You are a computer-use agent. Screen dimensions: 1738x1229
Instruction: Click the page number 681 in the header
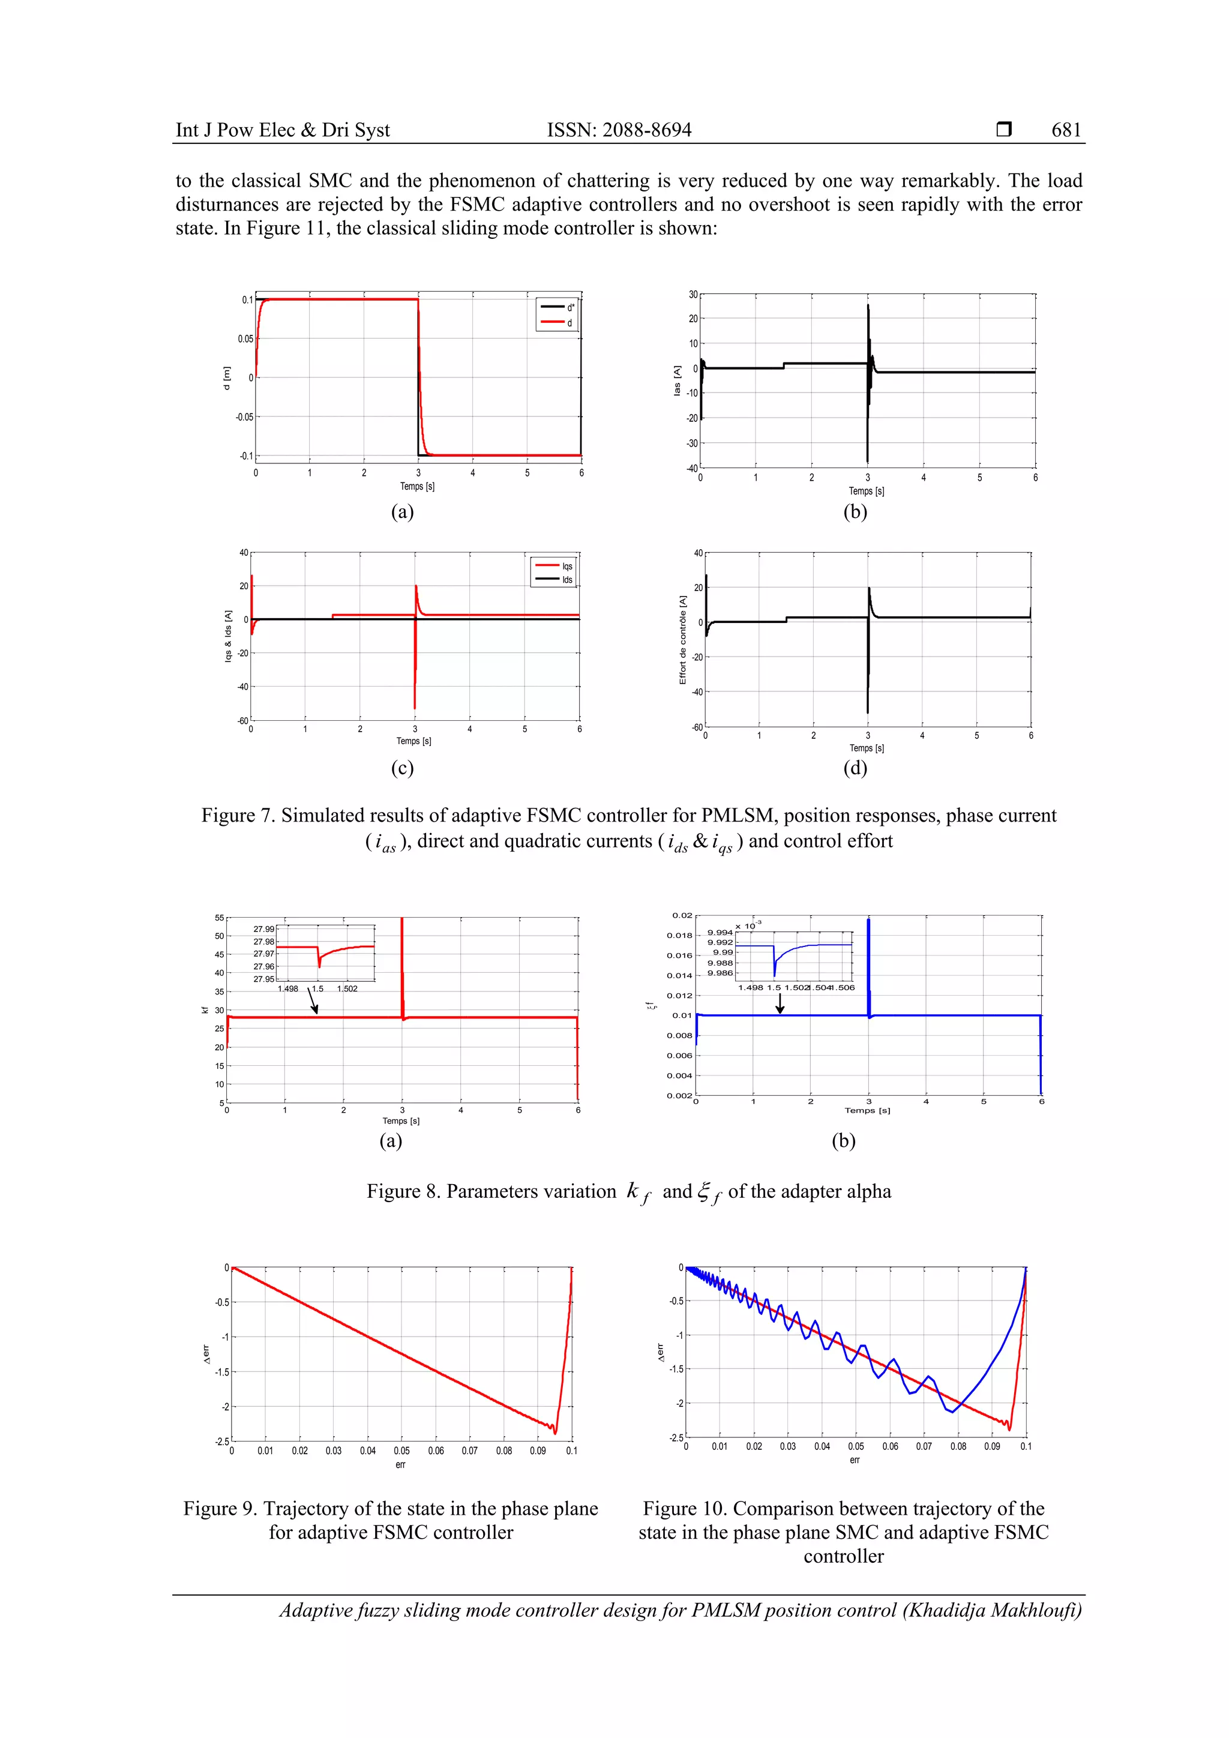tap(1066, 130)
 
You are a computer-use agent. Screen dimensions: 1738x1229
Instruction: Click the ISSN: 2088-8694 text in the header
tap(619, 130)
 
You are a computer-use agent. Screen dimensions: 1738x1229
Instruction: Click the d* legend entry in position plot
tap(570, 307)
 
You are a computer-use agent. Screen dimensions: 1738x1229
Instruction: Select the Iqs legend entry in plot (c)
tap(567, 566)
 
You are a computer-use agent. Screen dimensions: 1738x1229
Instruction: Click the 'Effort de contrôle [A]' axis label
tap(682, 640)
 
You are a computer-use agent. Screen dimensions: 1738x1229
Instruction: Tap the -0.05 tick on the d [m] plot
tap(244, 417)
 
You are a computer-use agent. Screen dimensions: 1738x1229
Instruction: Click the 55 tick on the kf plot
tap(218, 918)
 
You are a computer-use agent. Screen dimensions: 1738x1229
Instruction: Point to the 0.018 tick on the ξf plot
tap(679, 936)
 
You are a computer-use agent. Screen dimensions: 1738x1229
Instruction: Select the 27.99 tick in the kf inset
tap(263, 929)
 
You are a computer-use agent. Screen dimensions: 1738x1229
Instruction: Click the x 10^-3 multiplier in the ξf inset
tap(748, 925)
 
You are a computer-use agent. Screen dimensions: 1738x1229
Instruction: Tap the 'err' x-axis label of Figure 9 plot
tap(400, 1465)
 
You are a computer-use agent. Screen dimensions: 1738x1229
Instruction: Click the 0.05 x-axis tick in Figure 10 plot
tap(856, 1446)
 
